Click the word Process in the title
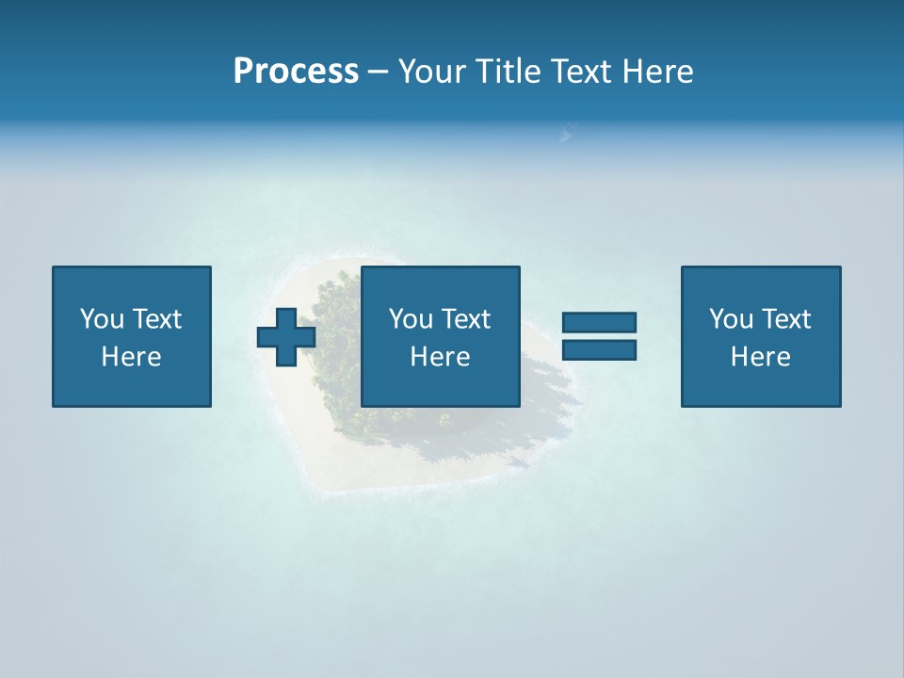pos(296,72)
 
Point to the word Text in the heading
pos(581,72)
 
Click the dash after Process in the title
pos(379,73)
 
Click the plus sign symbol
pos(286,337)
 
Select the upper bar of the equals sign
pos(599,322)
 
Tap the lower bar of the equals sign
pos(599,350)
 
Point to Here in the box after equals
pos(761,357)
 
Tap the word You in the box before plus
pos(102,319)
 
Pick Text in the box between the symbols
pos(467,319)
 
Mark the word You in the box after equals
pos(731,319)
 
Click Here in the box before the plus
pos(132,357)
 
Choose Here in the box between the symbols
pos(441,357)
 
